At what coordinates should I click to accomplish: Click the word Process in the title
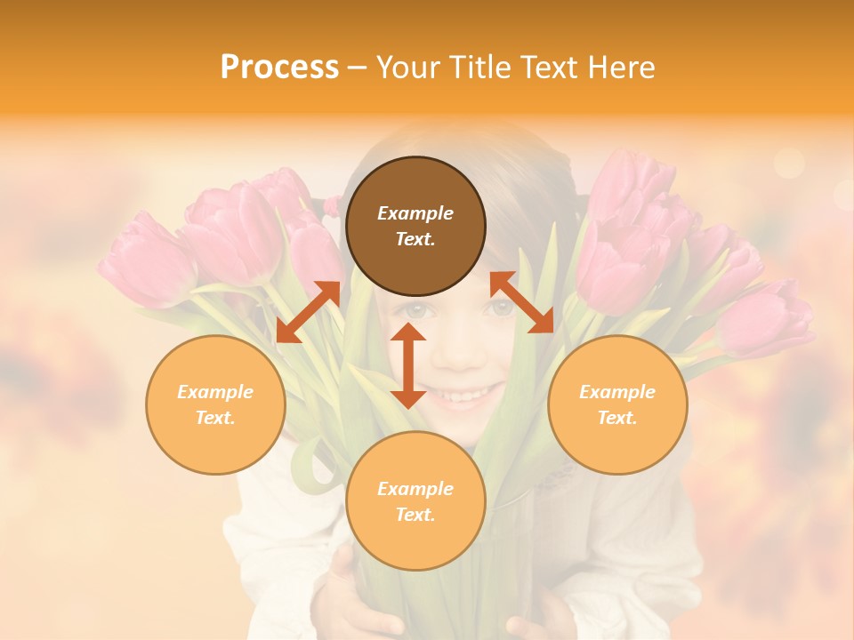(279, 68)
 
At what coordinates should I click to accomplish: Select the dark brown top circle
(415, 227)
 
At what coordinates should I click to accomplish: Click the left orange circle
(215, 404)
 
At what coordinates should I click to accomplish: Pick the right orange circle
(617, 404)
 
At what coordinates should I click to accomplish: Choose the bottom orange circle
(415, 501)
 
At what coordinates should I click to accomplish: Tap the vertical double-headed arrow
(408, 365)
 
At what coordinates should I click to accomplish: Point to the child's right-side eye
(502, 308)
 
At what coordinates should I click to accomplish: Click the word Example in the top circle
(415, 213)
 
